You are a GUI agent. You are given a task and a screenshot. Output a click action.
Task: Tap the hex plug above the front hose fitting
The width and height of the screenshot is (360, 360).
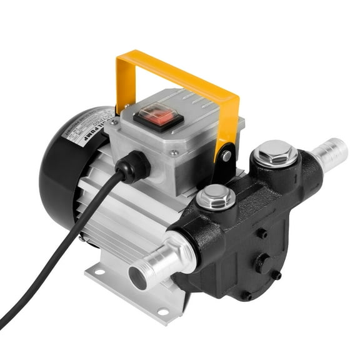216,198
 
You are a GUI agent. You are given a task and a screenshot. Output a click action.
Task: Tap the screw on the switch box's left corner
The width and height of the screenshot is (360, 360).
114,124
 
